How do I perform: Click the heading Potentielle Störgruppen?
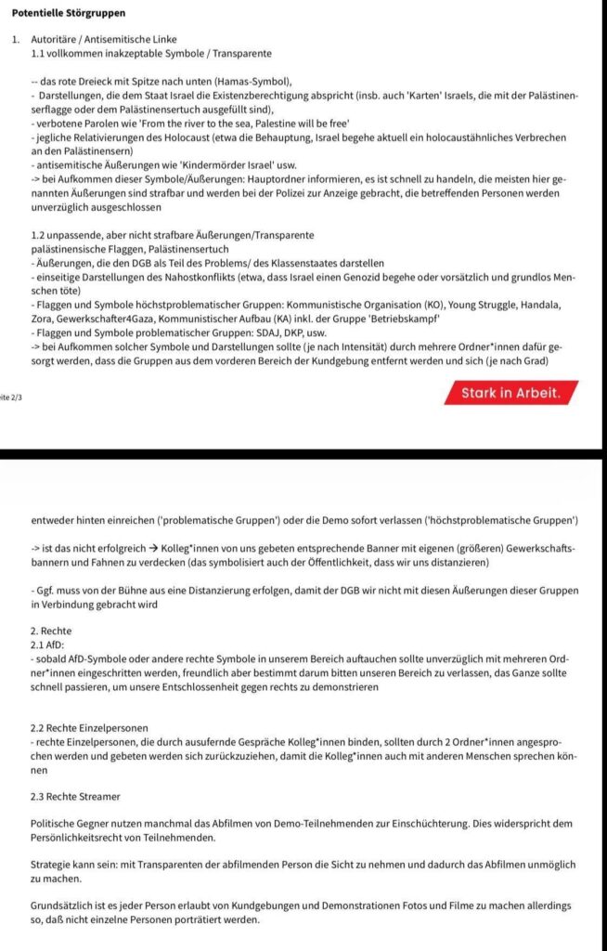click(x=68, y=13)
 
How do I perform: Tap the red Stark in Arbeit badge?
click(x=510, y=393)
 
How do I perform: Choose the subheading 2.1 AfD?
click(x=49, y=645)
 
